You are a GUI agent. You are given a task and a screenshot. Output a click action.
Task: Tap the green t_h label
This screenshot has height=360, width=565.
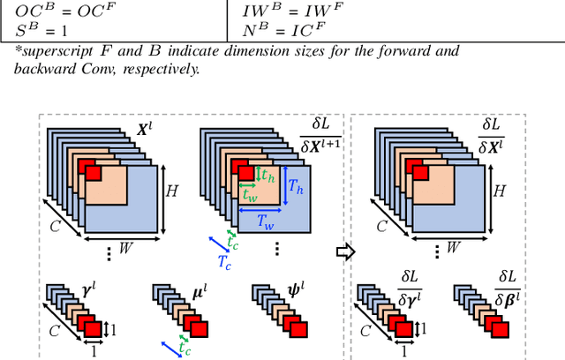click(267, 176)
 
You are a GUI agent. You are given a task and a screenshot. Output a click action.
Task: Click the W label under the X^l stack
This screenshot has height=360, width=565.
click(126, 248)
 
